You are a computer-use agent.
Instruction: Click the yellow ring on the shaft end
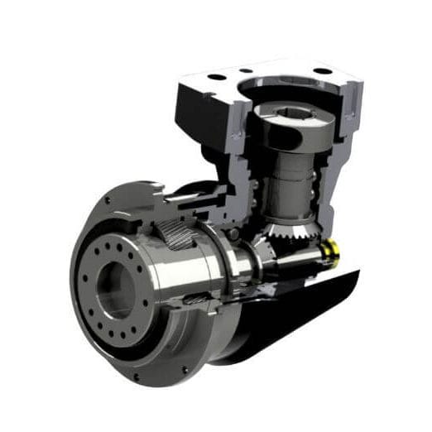(x=332, y=250)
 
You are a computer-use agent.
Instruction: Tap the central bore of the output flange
(x=114, y=290)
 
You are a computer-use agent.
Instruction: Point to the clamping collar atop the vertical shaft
(x=286, y=124)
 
